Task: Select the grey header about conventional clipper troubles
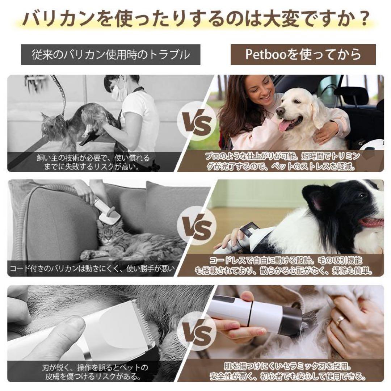tap(110, 55)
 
